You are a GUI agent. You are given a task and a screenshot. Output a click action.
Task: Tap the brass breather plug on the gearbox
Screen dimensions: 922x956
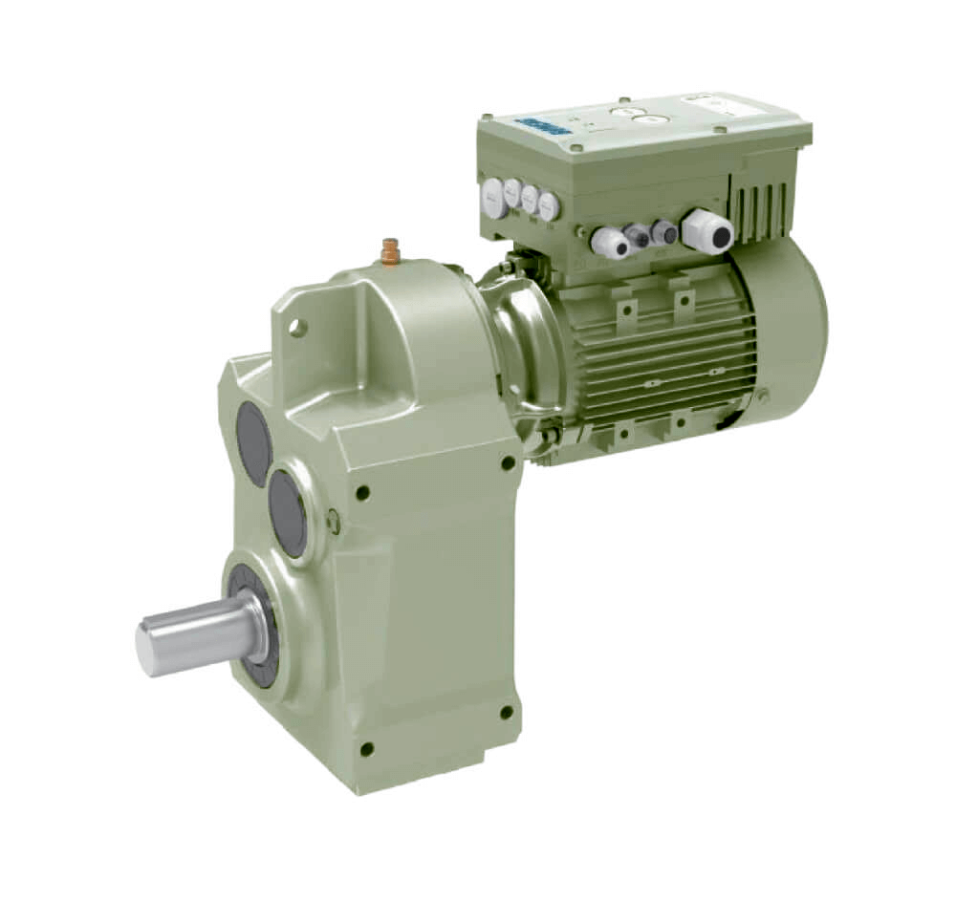pyautogui.click(x=389, y=251)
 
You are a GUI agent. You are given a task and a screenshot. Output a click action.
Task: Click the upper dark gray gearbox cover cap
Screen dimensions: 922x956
pyautogui.click(x=253, y=442)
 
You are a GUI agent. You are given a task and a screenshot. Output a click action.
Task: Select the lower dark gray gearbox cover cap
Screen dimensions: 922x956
pyautogui.click(x=287, y=514)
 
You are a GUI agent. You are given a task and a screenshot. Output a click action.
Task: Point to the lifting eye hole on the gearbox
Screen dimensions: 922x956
pyautogui.click(x=298, y=329)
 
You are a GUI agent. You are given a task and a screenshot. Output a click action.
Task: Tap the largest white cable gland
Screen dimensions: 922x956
pyautogui.click(x=707, y=230)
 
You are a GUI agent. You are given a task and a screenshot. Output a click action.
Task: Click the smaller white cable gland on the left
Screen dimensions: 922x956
pyautogui.click(x=609, y=242)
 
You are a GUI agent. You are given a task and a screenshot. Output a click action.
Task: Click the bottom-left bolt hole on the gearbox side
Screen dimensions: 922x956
pyautogui.click(x=366, y=749)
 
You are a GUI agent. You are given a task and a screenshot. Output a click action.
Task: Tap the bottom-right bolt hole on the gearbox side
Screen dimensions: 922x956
pyautogui.click(x=507, y=713)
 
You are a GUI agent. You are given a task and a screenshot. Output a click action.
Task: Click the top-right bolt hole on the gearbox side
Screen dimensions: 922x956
pyautogui.click(x=508, y=462)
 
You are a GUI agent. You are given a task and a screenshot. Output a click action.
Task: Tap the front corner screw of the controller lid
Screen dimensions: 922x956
pyautogui.click(x=576, y=149)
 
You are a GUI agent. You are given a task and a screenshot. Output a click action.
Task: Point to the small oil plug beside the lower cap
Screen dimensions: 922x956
pyautogui.click(x=333, y=522)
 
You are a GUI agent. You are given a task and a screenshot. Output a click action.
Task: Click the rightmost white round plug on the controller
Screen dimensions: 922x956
pyautogui.click(x=548, y=204)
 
